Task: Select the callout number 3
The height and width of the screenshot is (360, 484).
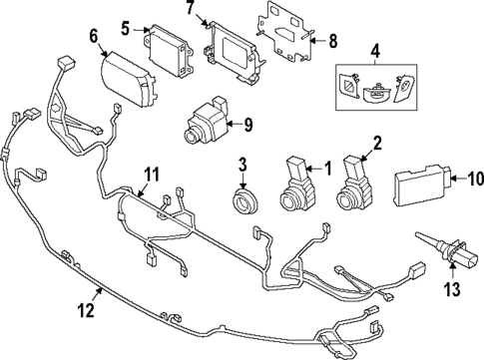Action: coord(242,163)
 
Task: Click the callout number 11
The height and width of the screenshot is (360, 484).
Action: coord(150,176)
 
